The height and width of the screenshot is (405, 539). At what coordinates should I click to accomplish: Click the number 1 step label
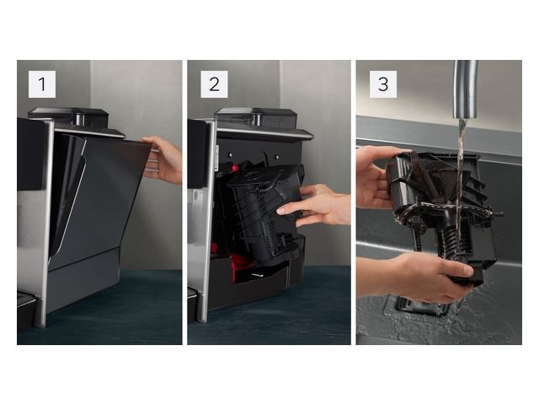[x=42, y=84]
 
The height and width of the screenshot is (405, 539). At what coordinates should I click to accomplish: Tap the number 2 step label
[x=214, y=84]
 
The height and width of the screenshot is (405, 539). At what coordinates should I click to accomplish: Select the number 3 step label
[x=383, y=84]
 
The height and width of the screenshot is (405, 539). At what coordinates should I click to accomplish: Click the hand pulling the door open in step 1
[x=163, y=159]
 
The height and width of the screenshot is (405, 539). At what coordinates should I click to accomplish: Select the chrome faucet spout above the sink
[x=466, y=89]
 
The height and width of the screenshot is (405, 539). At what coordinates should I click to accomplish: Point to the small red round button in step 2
[x=235, y=169]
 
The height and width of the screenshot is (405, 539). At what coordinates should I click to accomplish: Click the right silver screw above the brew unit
[x=277, y=157]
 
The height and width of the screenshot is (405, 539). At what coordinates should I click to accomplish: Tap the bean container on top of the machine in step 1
[x=69, y=116]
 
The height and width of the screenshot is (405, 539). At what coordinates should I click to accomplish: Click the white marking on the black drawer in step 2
[x=258, y=276]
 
